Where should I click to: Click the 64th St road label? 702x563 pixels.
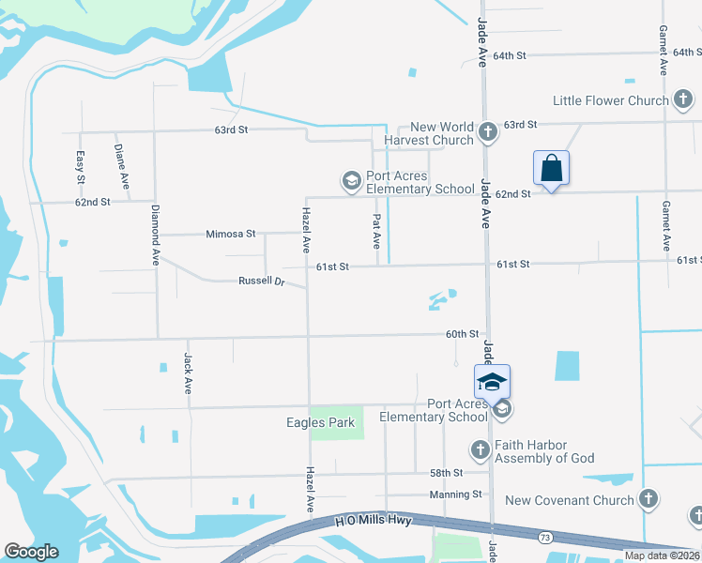pos(510,56)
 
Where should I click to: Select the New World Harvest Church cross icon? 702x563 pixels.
pos(487,132)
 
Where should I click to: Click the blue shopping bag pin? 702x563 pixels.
pos(552,168)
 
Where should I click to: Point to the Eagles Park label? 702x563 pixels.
pos(321,422)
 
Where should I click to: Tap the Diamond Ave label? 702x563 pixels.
pos(155,237)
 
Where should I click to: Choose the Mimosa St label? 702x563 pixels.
pos(231,234)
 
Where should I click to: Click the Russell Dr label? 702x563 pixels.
pos(261,281)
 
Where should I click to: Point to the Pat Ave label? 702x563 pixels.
pos(375,231)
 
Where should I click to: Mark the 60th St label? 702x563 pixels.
pos(462,334)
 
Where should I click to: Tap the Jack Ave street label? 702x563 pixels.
pos(188,373)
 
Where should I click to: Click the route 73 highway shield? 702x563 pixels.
pos(545,538)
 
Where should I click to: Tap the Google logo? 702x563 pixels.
pos(31,552)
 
